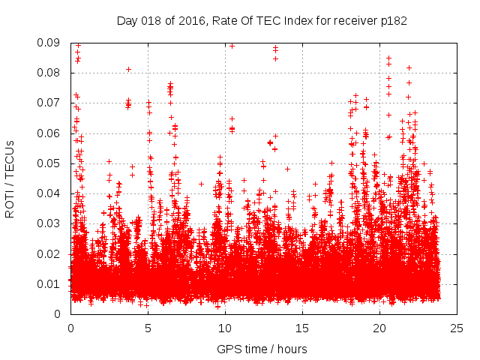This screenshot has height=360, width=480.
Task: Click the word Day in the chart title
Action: (x=127, y=21)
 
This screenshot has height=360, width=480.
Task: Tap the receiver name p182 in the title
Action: (x=392, y=21)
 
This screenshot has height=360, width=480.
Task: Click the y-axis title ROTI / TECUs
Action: (x=10, y=178)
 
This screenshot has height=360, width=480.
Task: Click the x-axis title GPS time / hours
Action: (x=262, y=349)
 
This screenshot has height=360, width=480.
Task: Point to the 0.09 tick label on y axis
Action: (x=49, y=43)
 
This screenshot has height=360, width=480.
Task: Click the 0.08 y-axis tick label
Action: (x=49, y=73)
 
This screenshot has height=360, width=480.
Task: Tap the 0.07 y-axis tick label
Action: (x=49, y=103)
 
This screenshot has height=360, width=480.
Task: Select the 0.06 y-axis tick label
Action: (x=49, y=133)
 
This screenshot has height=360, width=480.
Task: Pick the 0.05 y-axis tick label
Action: (x=49, y=163)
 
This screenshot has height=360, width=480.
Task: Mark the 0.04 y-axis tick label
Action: (x=49, y=193)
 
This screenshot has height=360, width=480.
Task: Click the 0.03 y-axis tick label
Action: (x=49, y=223)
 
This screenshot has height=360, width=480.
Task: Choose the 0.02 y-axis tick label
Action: (x=49, y=253)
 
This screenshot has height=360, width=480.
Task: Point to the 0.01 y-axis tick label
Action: (x=49, y=283)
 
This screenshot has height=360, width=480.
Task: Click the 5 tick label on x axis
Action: (x=148, y=328)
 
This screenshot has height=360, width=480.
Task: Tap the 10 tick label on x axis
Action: (x=225, y=328)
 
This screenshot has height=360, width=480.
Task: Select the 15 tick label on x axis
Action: (x=302, y=328)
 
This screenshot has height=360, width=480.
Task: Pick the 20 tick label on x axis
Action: (x=379, y=328)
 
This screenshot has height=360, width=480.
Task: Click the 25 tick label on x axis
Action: (x=457, y=328)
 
